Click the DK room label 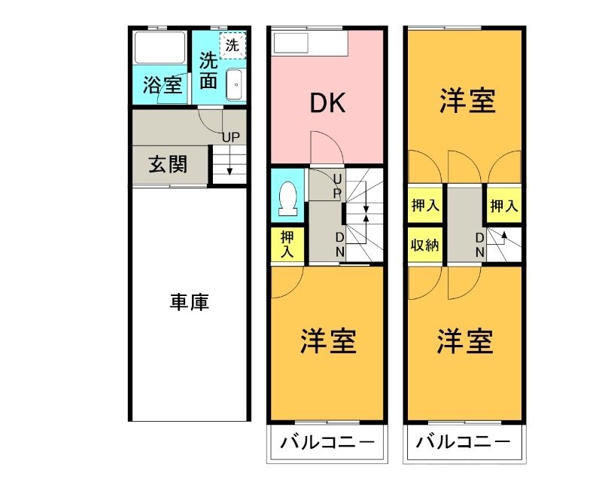coord(328,103)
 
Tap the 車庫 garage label coord(189,303)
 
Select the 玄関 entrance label coord(167,164)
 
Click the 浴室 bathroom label coord(162,84)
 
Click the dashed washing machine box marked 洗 coord(233,44)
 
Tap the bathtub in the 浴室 coord(160,49)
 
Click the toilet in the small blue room coord(287,198)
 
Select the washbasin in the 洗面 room coord(234,84)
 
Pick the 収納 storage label coord(425,246)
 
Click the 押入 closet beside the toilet coord(287,244)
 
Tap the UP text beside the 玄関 coord(230,137)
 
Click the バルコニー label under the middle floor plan coord(327,442)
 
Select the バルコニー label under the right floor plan coord(463,442)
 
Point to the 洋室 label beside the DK coord(467,101)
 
